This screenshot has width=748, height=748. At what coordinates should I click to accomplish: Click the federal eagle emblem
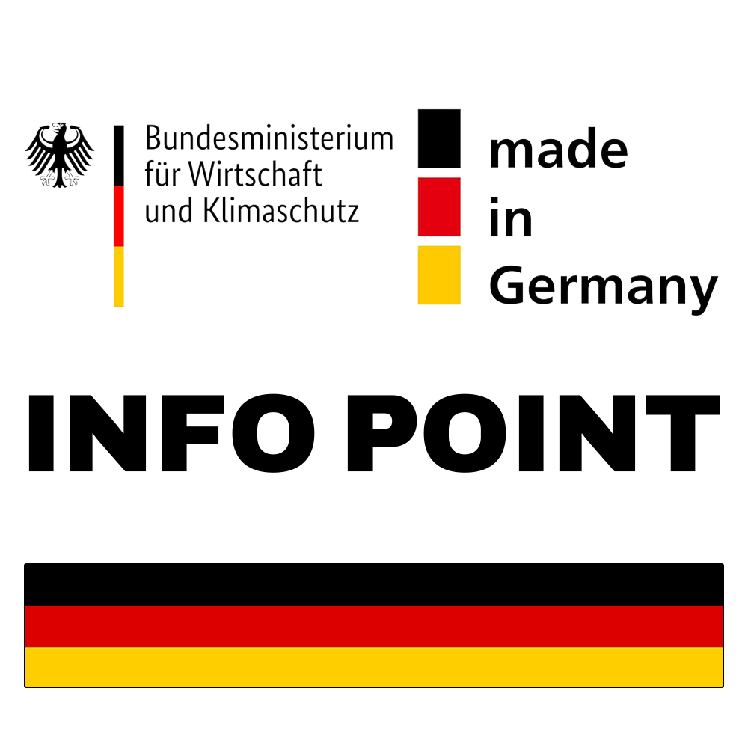tap(60, 155)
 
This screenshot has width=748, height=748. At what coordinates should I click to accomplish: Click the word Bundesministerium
tap(269, 138)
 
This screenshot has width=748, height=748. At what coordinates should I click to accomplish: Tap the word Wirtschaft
tap(255, 174)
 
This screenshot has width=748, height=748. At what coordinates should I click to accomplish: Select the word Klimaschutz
tap(281, 210)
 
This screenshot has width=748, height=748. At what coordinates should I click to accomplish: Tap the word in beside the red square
tap(510, 217)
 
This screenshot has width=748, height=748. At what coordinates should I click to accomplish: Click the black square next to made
tap(439, 139)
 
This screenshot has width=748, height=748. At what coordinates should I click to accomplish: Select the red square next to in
tap(439, 207)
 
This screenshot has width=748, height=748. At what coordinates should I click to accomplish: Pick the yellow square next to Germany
tap(439, 275)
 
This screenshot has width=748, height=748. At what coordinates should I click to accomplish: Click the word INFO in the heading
tap(172, 434)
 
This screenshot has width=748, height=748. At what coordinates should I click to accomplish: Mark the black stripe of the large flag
tap(374, 585)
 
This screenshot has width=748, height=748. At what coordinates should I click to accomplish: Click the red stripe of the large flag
tap(374, 627)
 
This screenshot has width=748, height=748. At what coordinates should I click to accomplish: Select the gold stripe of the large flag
tap(374, 667)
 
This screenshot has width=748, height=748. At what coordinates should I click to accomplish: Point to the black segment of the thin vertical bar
tap(119, 156)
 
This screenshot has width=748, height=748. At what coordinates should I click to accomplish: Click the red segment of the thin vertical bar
tap(119, 216)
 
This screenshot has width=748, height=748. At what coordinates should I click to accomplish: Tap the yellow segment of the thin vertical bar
tap(119, 277)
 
